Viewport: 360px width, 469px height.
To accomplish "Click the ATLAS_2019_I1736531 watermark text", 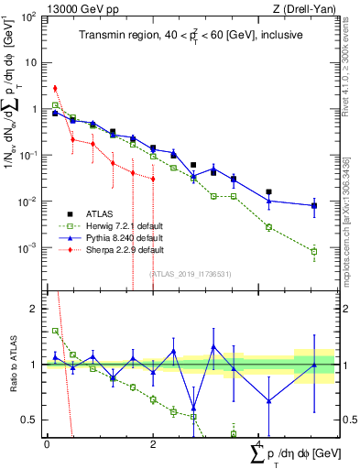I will click(191, 273).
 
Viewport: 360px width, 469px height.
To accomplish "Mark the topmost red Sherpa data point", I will click(55, 88).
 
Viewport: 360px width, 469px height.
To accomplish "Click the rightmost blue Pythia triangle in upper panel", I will click(314, 205).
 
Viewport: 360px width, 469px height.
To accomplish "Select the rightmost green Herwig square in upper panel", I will click(314, 251).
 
